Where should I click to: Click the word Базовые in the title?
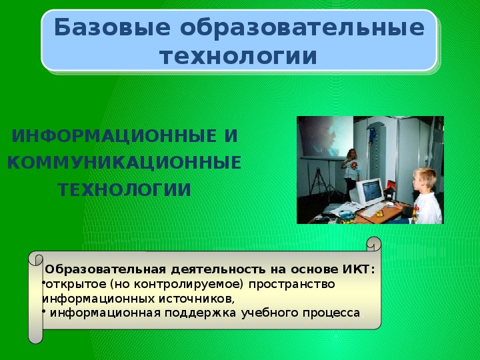112,27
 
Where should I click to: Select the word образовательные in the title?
302,27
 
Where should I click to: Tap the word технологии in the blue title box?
238,56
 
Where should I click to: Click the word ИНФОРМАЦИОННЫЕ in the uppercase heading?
109,136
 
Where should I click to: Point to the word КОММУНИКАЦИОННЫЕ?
124,163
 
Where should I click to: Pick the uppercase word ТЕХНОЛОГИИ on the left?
124,190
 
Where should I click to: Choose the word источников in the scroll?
195,299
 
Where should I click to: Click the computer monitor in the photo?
367,193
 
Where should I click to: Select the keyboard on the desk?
372,210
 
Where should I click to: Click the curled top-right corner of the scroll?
374,244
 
